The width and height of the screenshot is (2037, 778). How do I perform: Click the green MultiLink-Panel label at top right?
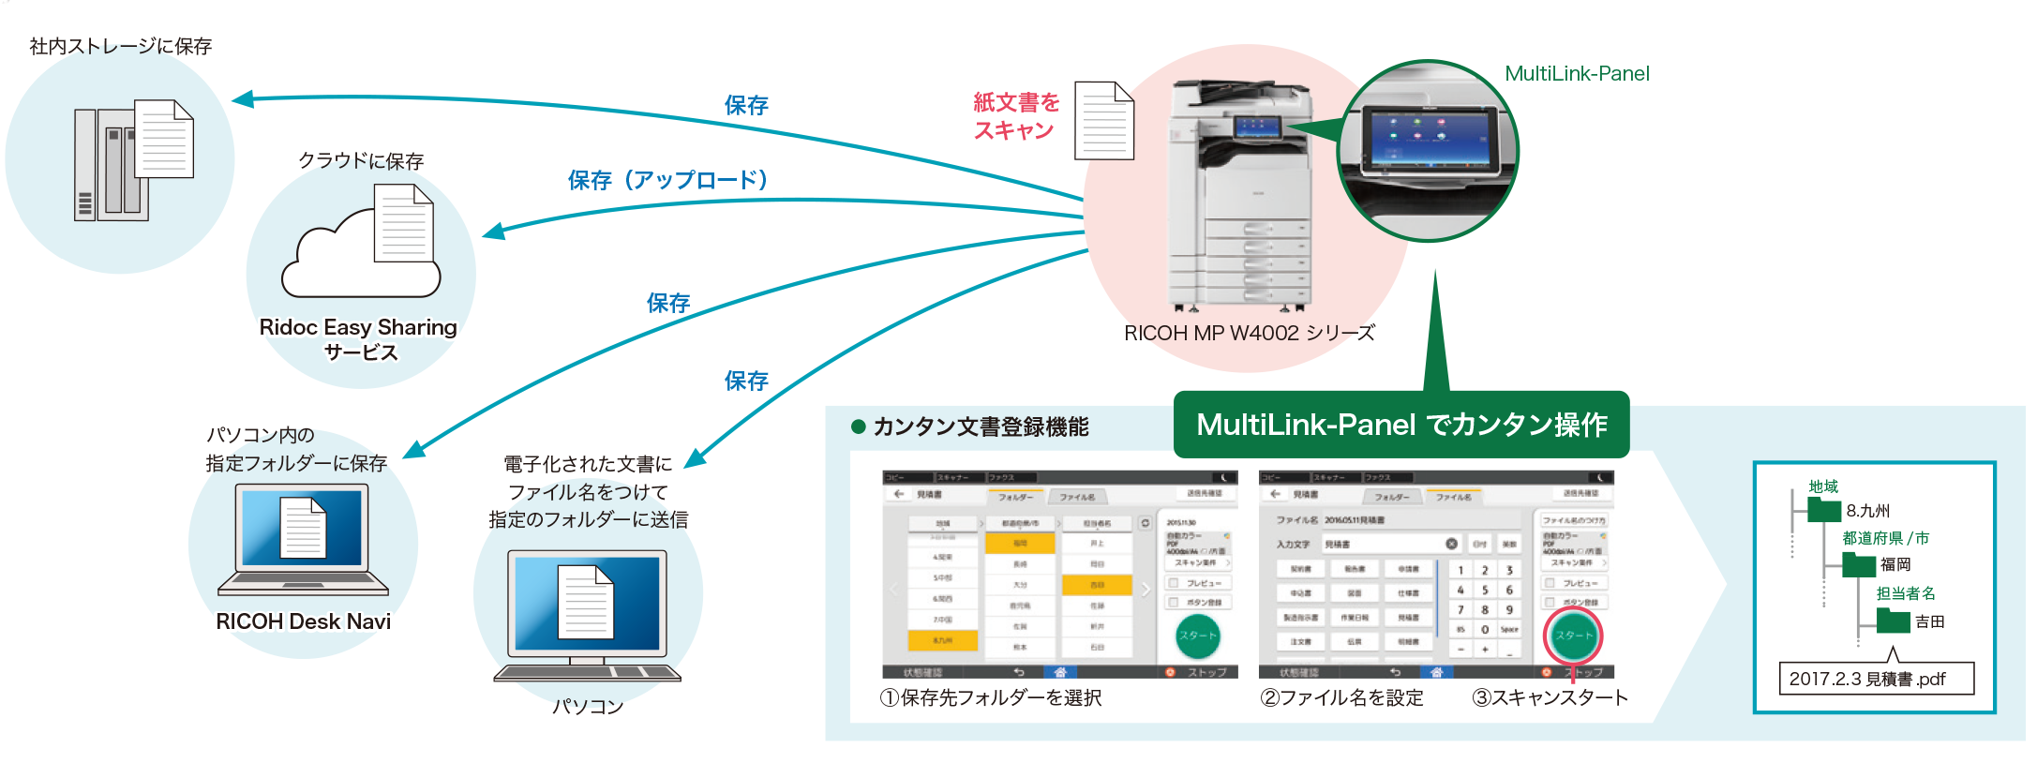(1577, 73)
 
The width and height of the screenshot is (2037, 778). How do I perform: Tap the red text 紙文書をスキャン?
(1015, 116)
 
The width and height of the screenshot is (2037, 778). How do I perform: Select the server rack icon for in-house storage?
(111, 165)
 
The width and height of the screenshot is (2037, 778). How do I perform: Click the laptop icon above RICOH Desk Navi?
(303, 540)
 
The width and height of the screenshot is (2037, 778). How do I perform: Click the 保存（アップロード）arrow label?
(667, 179)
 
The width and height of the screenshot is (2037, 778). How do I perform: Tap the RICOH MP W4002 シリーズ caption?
(1250, 333)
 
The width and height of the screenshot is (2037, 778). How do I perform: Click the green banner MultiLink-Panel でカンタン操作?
(1401, 425)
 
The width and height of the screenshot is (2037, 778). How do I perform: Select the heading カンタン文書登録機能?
(980, 427)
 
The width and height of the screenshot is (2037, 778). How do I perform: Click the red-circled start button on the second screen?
(1573, 636)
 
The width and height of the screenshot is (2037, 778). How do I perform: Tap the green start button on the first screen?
(1197, 636)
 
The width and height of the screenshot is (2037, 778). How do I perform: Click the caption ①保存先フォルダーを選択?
(991, 697)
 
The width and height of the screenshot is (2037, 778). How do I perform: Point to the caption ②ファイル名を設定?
(1341, 697)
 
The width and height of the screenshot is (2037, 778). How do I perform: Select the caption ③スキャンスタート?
(1550, 697)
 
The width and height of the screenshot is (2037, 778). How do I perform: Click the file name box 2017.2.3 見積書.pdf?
(1876, 679)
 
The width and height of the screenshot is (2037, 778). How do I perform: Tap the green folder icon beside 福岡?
(1858, 564)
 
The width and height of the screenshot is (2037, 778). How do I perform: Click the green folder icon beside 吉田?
(1893, 621)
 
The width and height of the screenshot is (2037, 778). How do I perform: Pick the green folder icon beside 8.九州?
(1824, 510)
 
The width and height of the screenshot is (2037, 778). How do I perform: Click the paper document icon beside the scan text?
(1104, 121)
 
